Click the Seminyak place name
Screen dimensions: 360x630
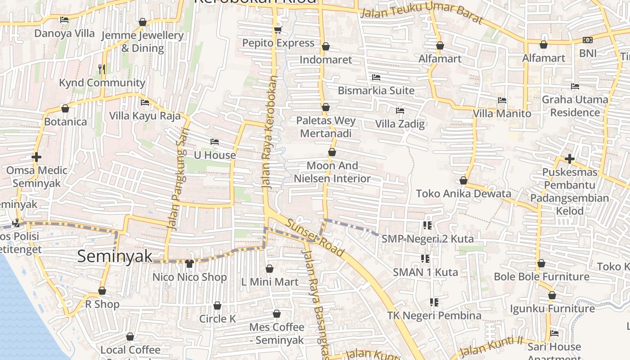point(115,256)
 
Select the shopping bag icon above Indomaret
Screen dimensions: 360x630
point(326,47)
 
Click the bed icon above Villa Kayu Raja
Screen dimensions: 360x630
point(145,103)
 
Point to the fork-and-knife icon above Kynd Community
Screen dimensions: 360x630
point(102,69)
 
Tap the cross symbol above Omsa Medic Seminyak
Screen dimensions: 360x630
point(36,157)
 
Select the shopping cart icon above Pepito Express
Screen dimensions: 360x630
point(278,30)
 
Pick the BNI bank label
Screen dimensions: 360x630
point(588,53)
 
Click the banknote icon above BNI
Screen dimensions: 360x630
point(588,40)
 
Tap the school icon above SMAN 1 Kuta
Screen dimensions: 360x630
point(425,259)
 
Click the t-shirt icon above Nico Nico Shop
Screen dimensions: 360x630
point(189,263)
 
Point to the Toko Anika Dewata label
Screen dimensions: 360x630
point(463,193)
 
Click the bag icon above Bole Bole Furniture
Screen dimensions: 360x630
point(541,263)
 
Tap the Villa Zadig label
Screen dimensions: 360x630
point(400,124)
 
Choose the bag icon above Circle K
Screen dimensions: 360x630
point(217,306)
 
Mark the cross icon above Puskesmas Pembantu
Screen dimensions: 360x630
point(570,159)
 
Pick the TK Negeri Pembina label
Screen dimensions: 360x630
point(434,315)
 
